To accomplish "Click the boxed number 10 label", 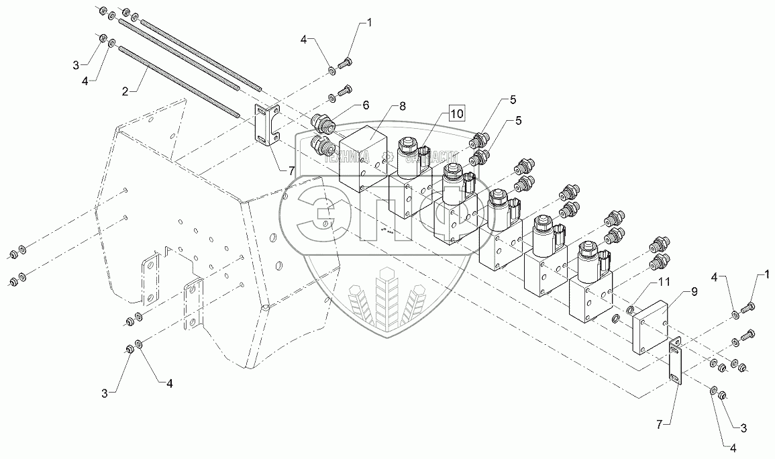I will click(x=456, y=113).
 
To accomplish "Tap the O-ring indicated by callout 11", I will click(x=630, y=309).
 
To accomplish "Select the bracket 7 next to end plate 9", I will click(x=675, y=360).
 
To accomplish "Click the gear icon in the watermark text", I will click(x=386, y=159).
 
